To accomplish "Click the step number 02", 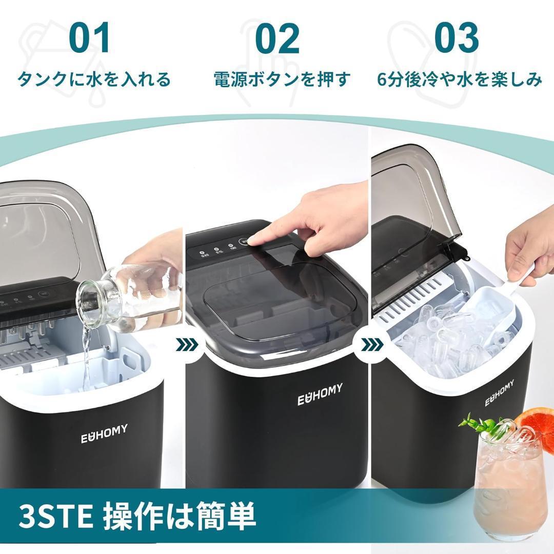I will pos(277,38).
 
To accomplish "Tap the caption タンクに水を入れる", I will pos(94,80).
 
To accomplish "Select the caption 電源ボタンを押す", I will pos(282,80).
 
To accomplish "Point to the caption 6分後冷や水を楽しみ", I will pos(460,80).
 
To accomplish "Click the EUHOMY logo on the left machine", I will pos(104,433).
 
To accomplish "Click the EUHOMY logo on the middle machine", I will pos(320,394).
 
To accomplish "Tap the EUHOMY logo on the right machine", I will pos(500,393).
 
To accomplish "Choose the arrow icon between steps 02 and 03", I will pos(370,345).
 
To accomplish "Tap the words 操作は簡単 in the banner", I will pos(180,517).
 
